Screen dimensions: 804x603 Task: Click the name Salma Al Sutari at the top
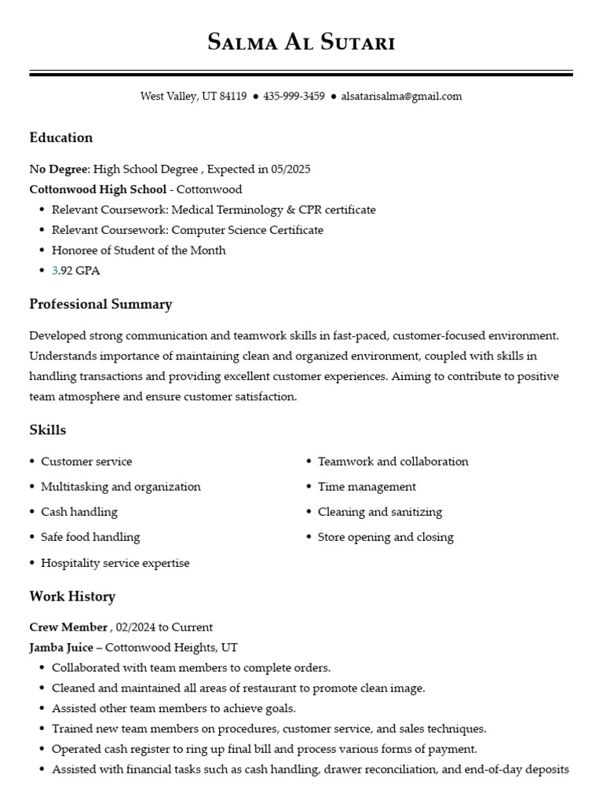[301, 42]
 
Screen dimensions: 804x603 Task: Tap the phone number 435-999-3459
[294, 97]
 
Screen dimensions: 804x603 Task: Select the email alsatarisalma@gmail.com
[401, 97]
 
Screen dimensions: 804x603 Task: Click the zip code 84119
[233, 97]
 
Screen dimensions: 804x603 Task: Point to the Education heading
[61, 137]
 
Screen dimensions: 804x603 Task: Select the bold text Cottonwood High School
[97, 189]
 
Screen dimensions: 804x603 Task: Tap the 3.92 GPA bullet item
[75, 271]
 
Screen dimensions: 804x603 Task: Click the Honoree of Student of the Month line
[138, 250]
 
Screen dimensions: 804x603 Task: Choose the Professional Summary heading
[100, 304]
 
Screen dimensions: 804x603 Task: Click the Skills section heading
[48, 430]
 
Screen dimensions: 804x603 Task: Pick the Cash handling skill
[79, 512]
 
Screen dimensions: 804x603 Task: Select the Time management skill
[367, 487]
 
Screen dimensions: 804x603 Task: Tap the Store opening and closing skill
[386, 537]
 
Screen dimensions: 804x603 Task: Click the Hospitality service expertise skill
[115, 563]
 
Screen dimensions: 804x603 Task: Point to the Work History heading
[72, 597]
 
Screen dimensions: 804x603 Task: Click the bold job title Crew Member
[68, 627]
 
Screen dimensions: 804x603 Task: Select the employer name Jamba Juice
[60, 648]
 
